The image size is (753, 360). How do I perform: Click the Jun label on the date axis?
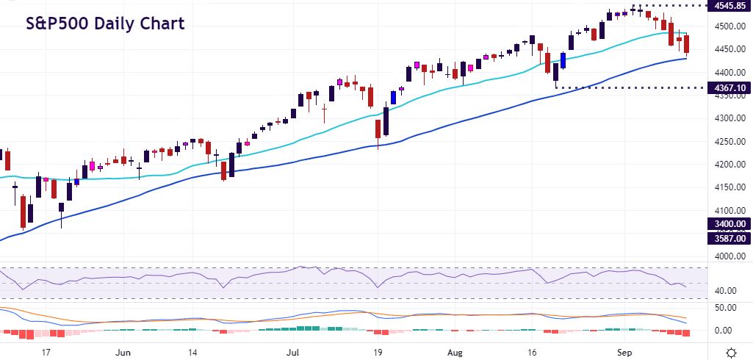point(123,351)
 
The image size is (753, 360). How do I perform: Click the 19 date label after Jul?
point(377,351)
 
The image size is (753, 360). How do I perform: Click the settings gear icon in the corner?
point(732,351)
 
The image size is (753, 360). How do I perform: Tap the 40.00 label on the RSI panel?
point(726,291)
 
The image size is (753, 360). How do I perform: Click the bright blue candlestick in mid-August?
point(563,61)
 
